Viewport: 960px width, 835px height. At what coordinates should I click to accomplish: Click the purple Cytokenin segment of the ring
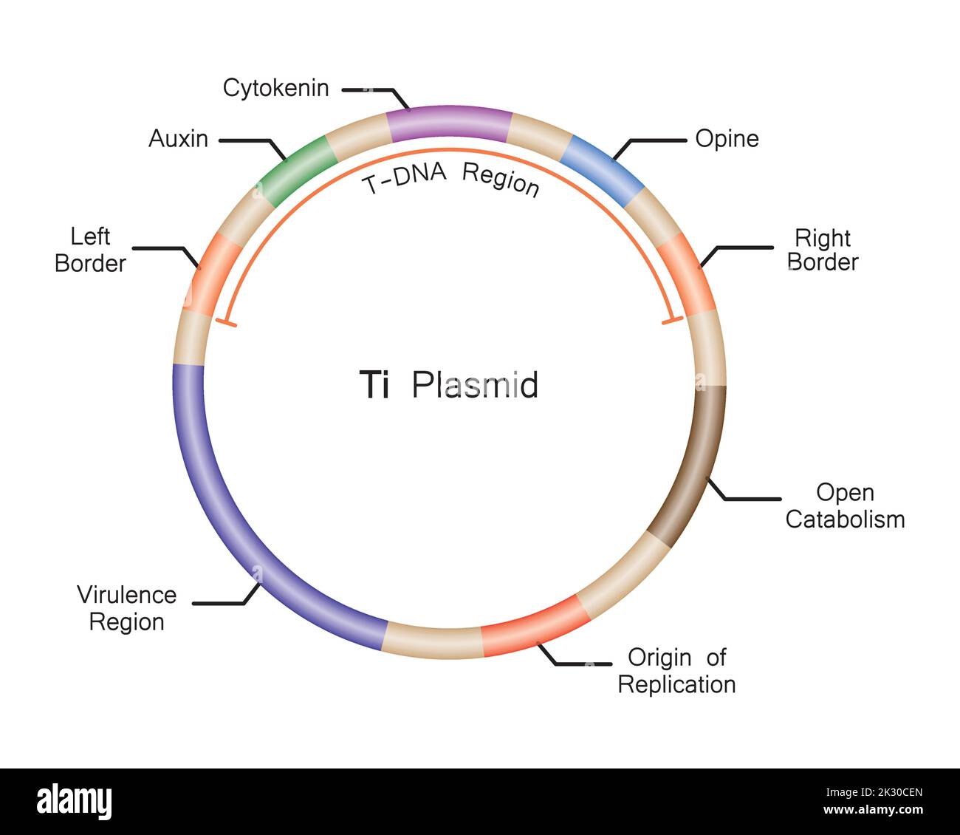click(x=449, y=123)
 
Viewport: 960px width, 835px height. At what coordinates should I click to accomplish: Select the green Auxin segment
click(x=294, y=170)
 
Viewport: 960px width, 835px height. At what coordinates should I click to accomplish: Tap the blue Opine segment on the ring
click(x=603, y=171)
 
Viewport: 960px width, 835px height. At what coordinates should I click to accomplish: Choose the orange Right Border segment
click(x=686, y=274)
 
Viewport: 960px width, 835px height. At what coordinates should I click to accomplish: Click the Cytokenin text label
click(x=275, y=88)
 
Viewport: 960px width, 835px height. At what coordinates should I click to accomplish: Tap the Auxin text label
click(x=178, y=139)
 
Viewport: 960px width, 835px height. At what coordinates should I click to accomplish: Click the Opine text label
click(x=727, y=139)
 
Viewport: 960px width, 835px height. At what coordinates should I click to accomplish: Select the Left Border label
click(x=90, y=250)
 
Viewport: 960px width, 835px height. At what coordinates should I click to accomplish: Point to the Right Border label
click(x=823, y=250)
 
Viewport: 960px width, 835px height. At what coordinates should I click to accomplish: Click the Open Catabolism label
click(x=845, y=506)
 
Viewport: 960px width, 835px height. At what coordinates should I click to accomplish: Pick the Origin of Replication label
click(x=676, y=671)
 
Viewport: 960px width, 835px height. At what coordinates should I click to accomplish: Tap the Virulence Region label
click(x=126, y=608)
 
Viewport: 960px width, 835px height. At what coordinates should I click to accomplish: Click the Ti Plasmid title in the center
click(x=448, y=385)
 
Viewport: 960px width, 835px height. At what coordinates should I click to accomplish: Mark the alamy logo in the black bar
click(x=74, y=801)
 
